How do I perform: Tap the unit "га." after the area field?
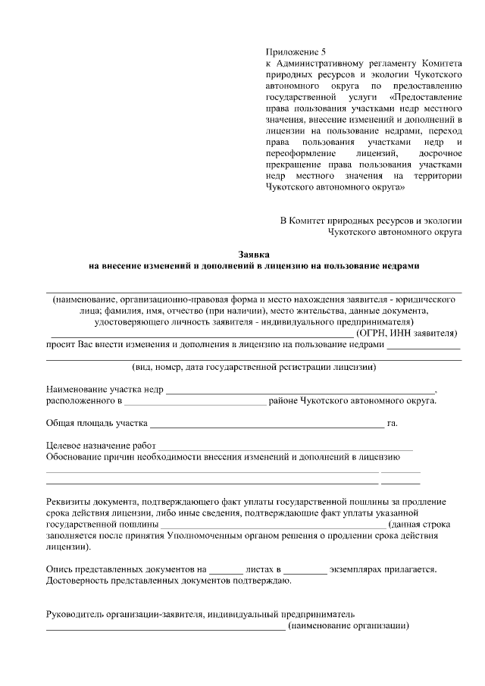[393, 423]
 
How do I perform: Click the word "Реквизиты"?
[70, 502]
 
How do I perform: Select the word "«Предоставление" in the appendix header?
[424, 97]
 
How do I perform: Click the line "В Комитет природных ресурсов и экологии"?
[371, 221]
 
